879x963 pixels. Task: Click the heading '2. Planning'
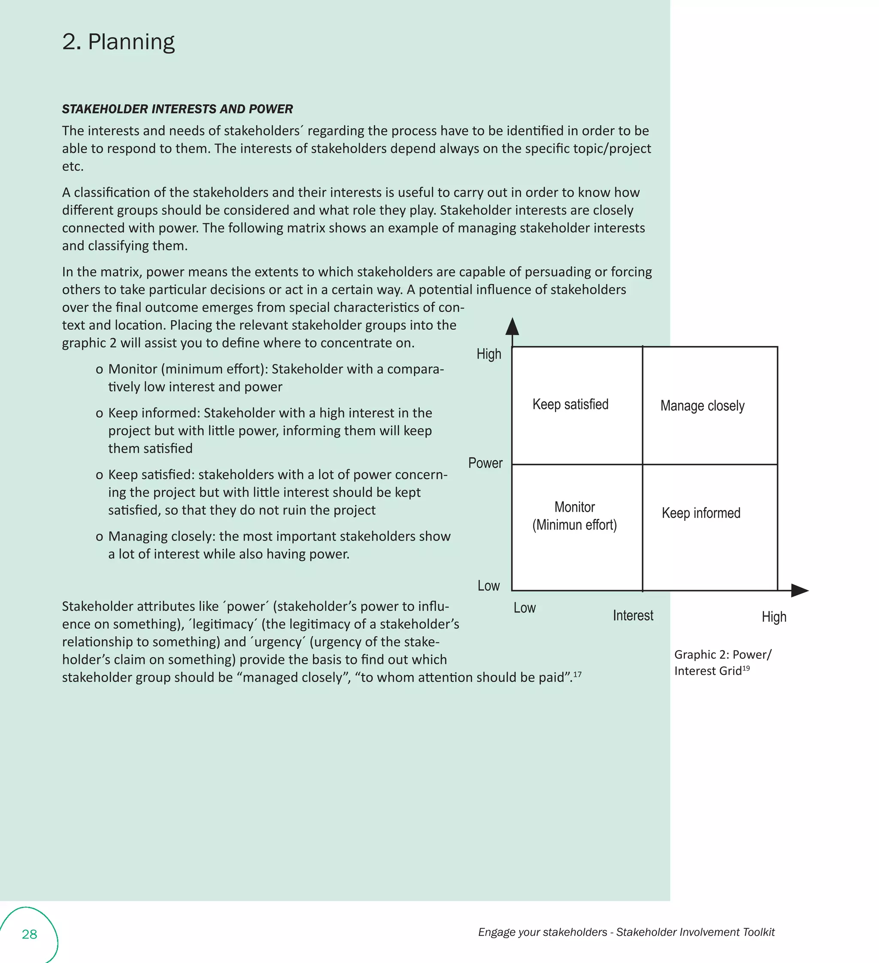tap(118, 42)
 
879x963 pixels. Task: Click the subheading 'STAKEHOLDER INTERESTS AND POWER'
tap(177, 109)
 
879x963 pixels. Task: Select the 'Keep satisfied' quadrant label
tap(570, 404)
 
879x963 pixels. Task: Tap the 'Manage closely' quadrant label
tap(702, 406)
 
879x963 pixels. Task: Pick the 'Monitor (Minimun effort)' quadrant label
tap(574, 516)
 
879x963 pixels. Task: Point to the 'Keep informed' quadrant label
tap(700, 513)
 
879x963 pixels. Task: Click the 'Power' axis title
tap(485, 463)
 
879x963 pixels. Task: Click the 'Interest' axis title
tap(633, 615)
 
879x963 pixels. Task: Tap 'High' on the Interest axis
tap(773, 617)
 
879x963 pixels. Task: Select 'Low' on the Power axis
tap(488, 586)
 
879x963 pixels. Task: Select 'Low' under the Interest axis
tap(524, 608)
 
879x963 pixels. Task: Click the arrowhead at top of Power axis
tap(512, 327)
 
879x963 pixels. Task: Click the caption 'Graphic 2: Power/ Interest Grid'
tap(722, 662)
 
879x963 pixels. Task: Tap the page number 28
tap(29, 934)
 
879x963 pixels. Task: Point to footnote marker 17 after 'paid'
tap(577, 674)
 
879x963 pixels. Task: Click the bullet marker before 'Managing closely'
tap(99, 537)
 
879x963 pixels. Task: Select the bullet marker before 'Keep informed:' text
tap(99, 414)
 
